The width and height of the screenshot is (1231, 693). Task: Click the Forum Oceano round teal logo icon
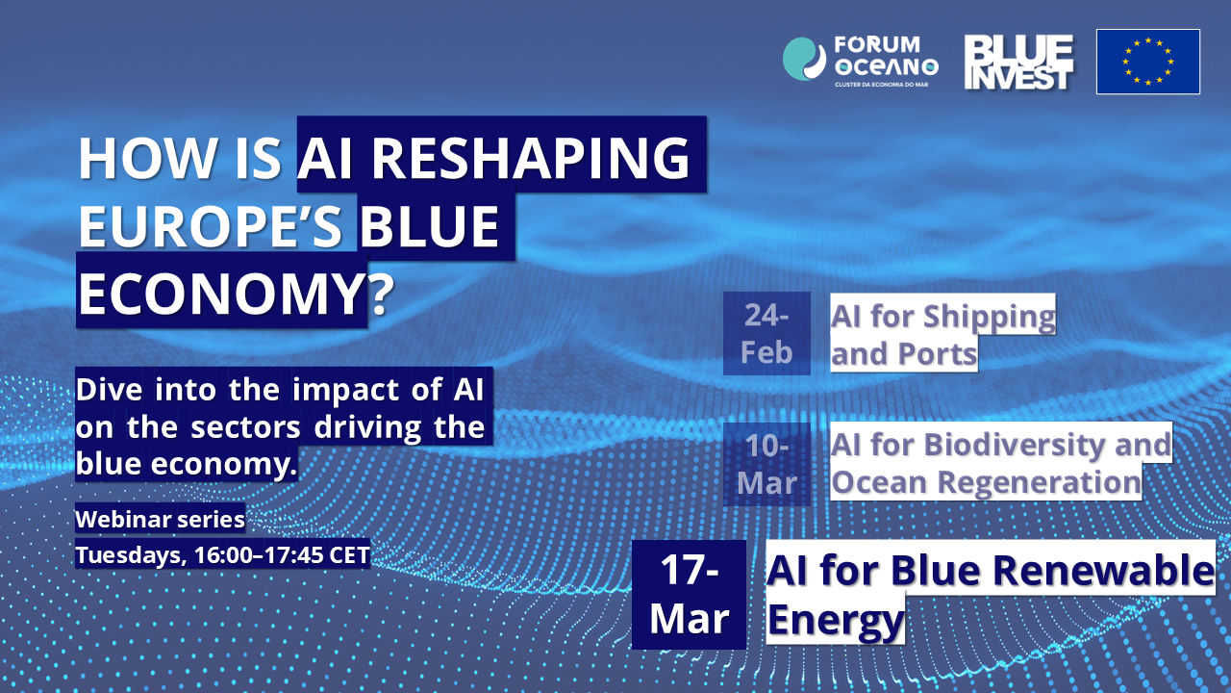click(x=804, y=59)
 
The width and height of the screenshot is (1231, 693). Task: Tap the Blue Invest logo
click(x=1018, y=63)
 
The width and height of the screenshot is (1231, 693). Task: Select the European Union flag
click(x=1148, y=62)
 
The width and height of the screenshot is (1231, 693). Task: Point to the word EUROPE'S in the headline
click(x=211, y=225)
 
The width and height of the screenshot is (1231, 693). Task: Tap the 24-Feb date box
click(x=766, y=333)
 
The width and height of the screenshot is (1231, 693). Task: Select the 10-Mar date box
click(x=766, y=464)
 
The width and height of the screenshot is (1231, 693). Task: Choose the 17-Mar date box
click(x=690, y=595)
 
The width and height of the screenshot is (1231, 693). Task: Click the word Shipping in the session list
click(x=990, y=318)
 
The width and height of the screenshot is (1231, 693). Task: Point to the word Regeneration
click(x=1040, y=482)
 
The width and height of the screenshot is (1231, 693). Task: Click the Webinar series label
click(x=160, y=519)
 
